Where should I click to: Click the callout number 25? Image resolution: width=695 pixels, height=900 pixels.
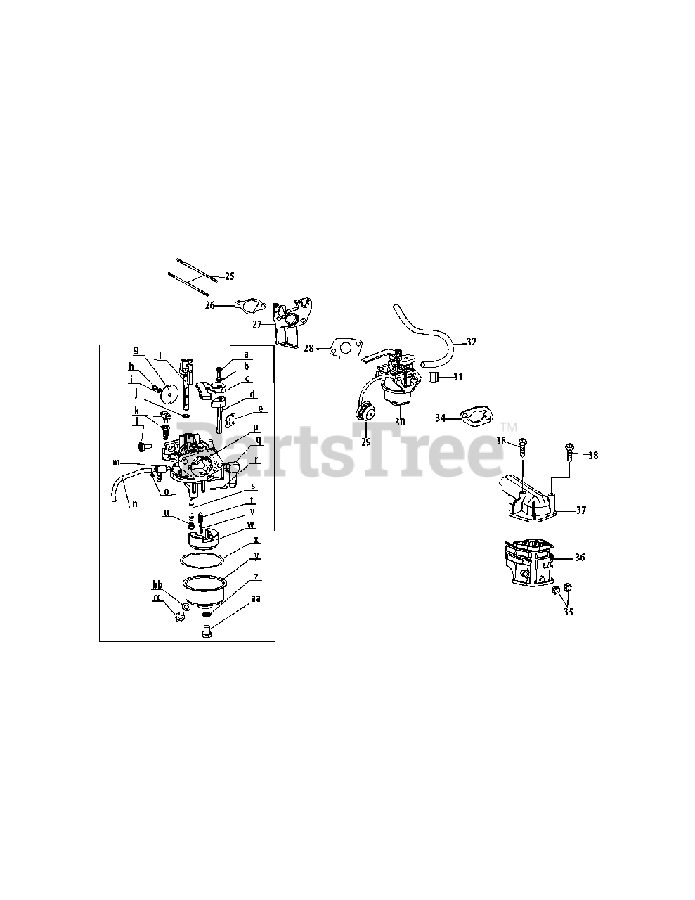[x=229, y=276]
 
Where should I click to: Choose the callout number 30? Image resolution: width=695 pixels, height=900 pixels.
[x=400, y=422]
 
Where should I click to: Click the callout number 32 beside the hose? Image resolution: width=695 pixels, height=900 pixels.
[x=471, y=342]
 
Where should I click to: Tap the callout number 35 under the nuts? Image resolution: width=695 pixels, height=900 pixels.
[x=568, y=612]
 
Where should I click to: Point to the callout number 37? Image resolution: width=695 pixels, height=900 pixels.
[x=580, y=510]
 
